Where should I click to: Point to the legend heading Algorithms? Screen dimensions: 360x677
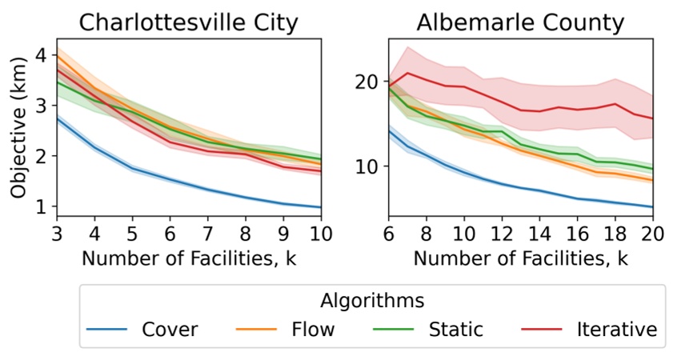pos(372,300)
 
